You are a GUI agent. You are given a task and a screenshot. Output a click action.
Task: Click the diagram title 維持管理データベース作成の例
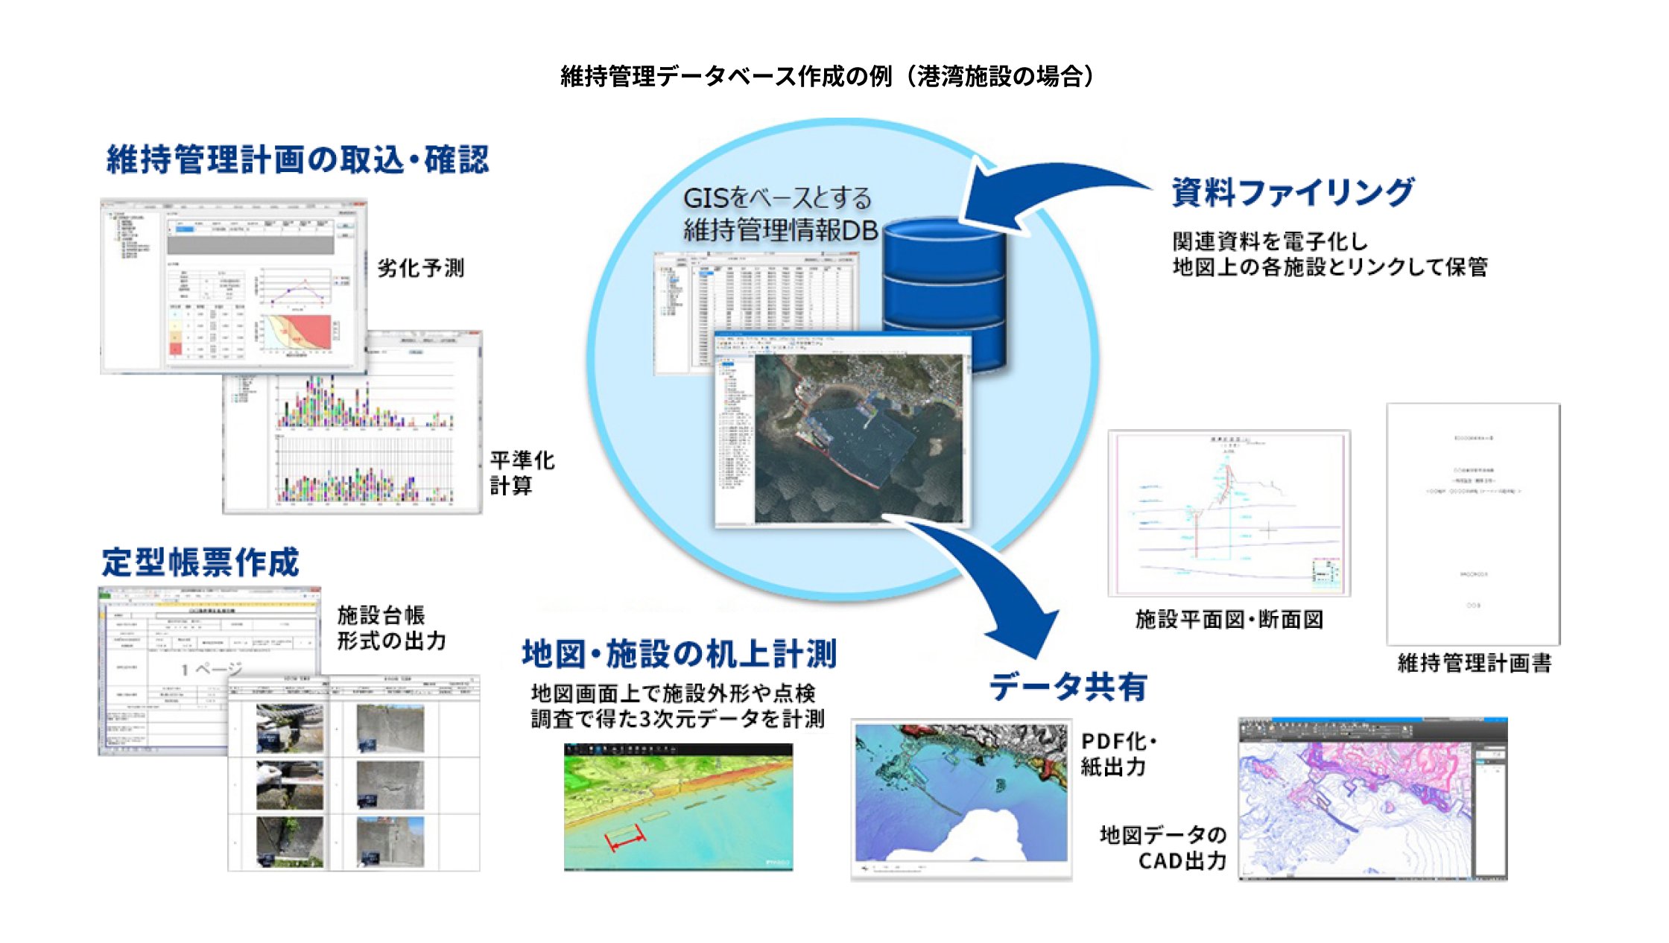coord(827,76)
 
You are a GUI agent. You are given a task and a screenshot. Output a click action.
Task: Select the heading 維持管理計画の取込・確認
coord(297,159)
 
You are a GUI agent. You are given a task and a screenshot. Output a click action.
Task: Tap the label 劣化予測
coord(420,268)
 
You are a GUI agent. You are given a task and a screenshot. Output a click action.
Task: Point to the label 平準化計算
coord(522,472)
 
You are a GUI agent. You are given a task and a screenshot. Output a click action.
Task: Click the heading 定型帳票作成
coord(200,562)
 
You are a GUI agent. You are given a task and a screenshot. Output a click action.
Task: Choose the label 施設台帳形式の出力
coord(390,628)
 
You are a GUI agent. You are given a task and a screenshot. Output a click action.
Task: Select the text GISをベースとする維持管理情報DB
coord(779,215)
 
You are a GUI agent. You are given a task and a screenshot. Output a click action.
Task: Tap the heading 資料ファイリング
coord(1293,192)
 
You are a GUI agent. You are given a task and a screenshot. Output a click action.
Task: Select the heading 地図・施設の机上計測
coord(679,654)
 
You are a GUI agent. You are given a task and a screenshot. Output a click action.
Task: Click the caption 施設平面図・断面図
coord(1229,620)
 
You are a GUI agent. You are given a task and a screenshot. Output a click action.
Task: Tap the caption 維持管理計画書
coord(1474,663)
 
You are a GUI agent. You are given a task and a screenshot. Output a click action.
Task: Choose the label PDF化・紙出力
coord(1118,754)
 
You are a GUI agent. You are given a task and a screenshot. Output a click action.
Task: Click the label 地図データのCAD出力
coord(1165,848)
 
